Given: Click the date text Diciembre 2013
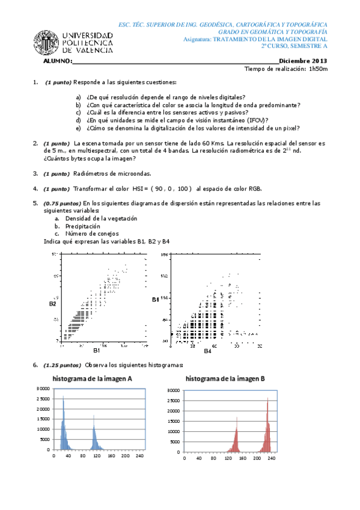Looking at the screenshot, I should pos(304,61).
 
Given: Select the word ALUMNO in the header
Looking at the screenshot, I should pos(57,61).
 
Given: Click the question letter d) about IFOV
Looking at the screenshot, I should pos(78,120).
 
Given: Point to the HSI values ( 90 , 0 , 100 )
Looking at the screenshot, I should pos(171,188).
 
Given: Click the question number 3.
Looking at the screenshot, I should pos(35,173).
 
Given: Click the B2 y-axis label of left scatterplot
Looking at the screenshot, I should pos(53,304).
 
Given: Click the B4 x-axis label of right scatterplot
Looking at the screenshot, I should pos(207,350).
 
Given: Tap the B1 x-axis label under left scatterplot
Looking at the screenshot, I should pos(96,349).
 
